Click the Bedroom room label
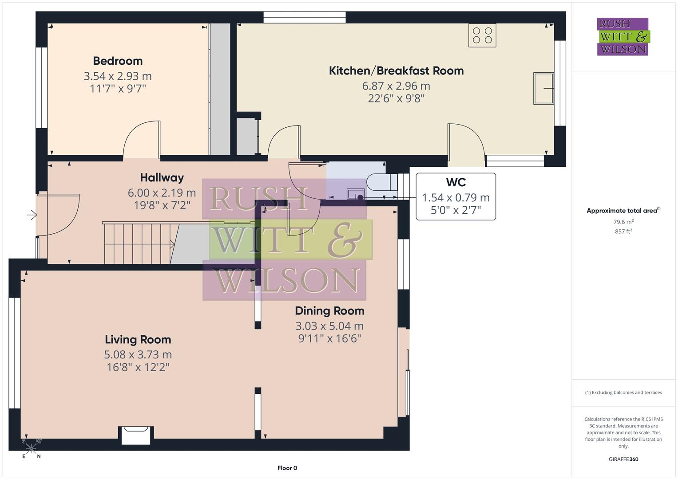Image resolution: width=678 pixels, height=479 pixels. (x=118, y=61)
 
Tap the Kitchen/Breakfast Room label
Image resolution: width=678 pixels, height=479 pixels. (x=396, y=71)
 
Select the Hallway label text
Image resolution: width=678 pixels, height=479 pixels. (x=162, y=177)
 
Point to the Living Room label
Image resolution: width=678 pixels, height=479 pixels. (x=138, y=339)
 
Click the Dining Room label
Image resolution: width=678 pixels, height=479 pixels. (x=329, y=311)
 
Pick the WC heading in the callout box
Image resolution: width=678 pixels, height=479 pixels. (x=456, y=182)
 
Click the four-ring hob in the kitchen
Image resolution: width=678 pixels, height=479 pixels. (x=482, y=35)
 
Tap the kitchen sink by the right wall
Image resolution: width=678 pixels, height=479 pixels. (x=543, y=89)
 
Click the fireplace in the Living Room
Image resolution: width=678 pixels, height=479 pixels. (x=136, y=434)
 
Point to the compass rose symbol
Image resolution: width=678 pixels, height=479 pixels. (x=31, y=448)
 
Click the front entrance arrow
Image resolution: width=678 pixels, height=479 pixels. (x=32, y=216)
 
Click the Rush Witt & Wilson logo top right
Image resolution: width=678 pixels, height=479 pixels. (x=622, y=37)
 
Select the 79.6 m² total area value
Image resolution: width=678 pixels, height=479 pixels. (x=623, y=222)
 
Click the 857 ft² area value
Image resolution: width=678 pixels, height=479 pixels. (x=623, y=232)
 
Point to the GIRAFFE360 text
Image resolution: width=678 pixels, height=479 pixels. (x=623, y=459)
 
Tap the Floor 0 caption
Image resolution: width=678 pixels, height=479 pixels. (x=287, y=468)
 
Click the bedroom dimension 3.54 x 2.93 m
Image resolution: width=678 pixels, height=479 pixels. (x=118, y=76)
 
